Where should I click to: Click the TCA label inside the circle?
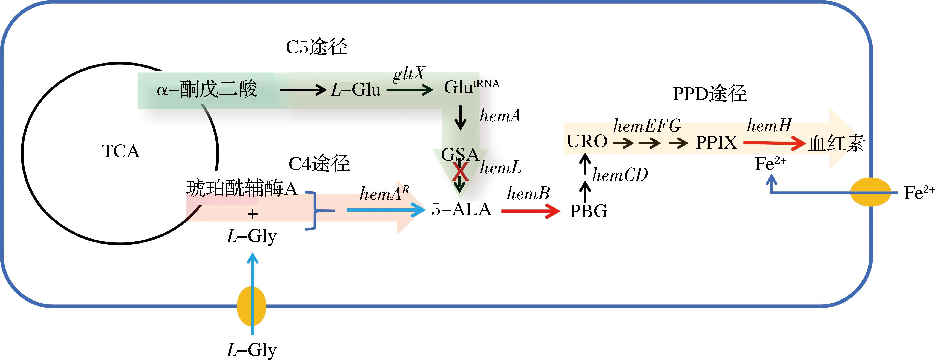[120, 151]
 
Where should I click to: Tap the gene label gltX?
[409, 74]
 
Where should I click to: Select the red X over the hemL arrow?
[460, 172]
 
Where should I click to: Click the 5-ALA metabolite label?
[461, 209]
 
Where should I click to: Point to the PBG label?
[588, 211]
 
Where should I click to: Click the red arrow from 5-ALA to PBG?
[530, 211]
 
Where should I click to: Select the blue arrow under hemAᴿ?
[386, 210]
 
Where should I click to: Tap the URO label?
[587, 141]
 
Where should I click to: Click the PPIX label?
[716, 143]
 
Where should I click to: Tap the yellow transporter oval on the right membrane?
[871, 192]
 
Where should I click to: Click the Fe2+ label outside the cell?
[919, 192]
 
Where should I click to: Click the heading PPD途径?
[710, 94]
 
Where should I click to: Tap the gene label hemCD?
[620, 175]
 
